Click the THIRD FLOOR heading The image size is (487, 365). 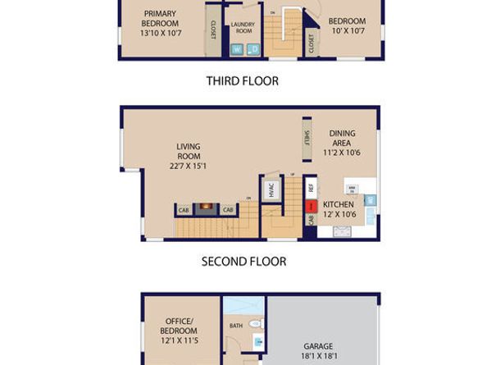point(242,81)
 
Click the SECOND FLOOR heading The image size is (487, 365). point(243,262)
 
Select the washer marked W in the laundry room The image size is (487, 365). point(239,50)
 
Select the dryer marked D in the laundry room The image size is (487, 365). point(253,50)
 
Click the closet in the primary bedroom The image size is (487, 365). point(213,32)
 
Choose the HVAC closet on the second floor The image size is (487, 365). point(271,189)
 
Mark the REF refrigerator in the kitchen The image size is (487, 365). point(311,187)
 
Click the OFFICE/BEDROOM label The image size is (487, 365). point(177,326)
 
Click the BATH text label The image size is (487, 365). point(236,326)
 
